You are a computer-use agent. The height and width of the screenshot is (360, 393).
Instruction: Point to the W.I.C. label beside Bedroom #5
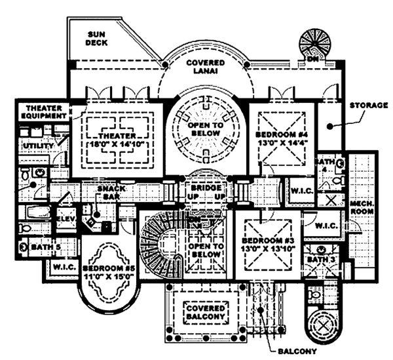click(x=64, y=268)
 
